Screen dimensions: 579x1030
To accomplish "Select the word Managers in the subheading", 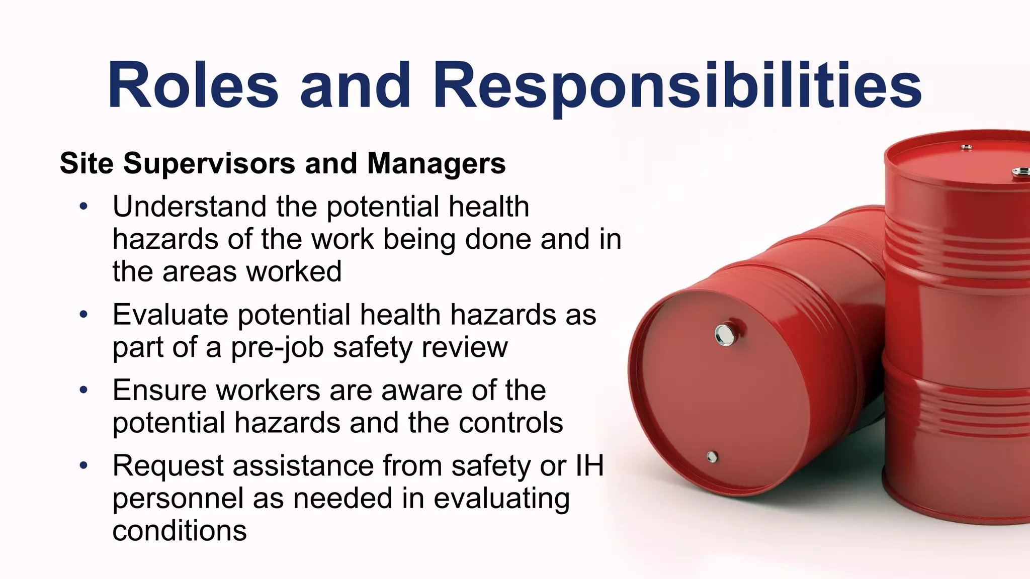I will point(436,164).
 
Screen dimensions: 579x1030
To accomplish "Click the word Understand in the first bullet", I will point(189,207).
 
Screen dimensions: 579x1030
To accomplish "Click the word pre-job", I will point(277,348).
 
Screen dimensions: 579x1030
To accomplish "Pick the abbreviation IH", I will point(589,465).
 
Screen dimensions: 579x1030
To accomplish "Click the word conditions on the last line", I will point(180,531).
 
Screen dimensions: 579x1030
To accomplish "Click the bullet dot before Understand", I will point(83,207).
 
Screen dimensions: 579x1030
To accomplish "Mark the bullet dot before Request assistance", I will point(83,465).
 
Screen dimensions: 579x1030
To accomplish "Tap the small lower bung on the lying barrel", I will point(712,457).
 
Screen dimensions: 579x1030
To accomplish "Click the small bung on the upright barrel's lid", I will point(966,147).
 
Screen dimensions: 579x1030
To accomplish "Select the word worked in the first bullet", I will point(294,272).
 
